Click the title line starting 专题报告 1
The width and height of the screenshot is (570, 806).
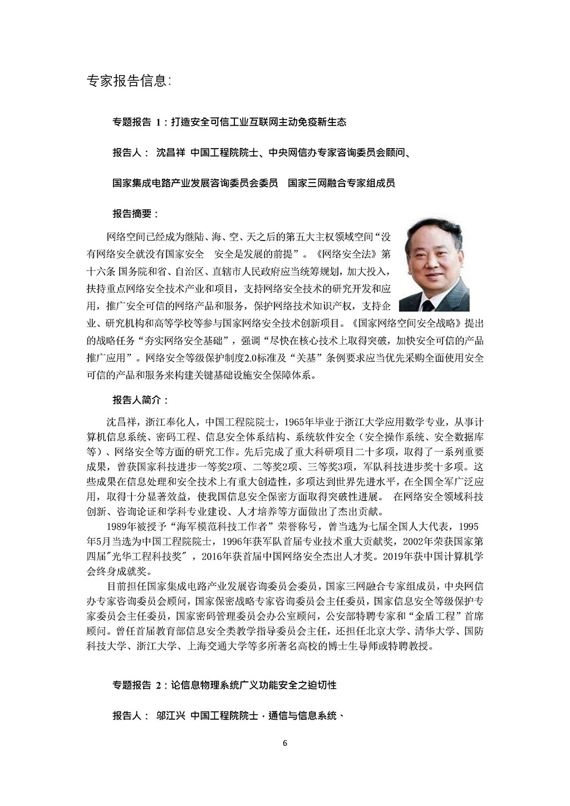229,122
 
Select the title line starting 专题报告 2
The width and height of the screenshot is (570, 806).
225,685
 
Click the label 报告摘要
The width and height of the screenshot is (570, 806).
136,214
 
